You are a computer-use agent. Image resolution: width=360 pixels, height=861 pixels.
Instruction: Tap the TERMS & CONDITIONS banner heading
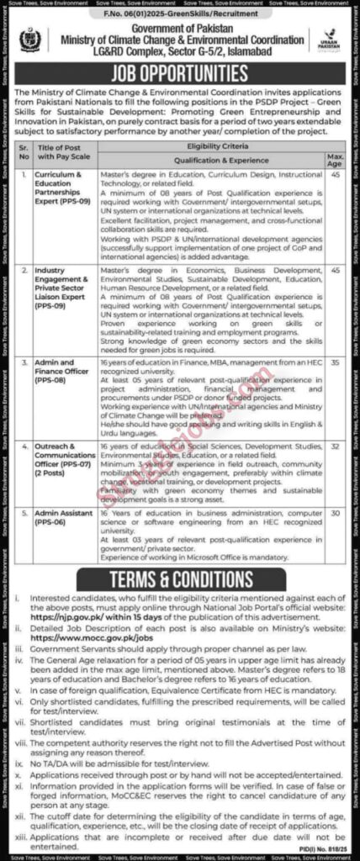pyautogui.click(x=180, y=580)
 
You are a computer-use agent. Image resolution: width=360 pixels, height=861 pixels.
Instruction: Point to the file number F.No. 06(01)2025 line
pyautogui.click(x=180, y=14)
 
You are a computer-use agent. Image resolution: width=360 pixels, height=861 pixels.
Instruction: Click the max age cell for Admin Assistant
pyautogui.click(x=334, y=512)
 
